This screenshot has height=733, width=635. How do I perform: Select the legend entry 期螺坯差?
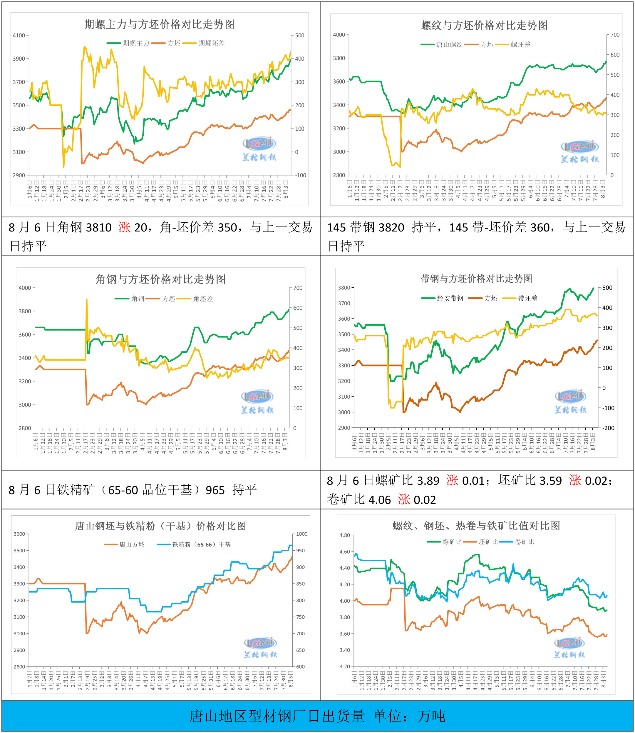[212, 43]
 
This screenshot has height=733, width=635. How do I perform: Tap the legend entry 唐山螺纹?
[449, 45]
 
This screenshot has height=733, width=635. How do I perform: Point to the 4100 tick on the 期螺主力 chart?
[19, 36]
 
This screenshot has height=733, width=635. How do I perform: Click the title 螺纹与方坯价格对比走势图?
[484, 26]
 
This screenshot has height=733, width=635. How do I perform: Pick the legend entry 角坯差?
[203, 299]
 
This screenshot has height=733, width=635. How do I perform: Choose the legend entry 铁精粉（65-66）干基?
[201, 544]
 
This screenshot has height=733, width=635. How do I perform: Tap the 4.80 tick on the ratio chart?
[344, 535]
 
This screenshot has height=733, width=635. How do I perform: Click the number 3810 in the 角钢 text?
[99, 227]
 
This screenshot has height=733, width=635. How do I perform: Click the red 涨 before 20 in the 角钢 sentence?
[124, 227]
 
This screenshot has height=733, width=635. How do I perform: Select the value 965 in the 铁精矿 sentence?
[215, 490]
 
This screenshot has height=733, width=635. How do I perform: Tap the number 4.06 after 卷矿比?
[380, 500]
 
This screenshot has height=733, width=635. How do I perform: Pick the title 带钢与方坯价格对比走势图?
[476, 279]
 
